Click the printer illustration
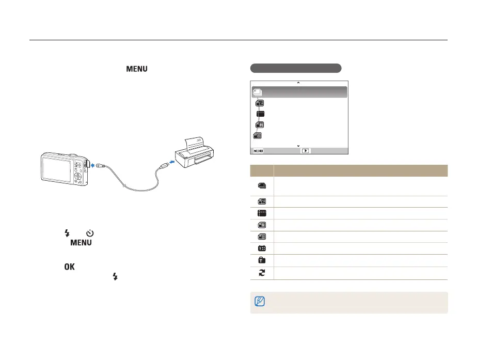[x=195, y=153]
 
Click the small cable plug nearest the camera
[x=100, y=165]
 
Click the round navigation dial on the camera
[x=77, y=176]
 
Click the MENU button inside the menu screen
[x=258, y=151]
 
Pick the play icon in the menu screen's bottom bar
[x=306, y=151]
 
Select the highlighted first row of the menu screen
[x=299, y=92]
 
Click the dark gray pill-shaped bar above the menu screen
[x=295, y=68]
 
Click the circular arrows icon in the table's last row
[x=262, y=273]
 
